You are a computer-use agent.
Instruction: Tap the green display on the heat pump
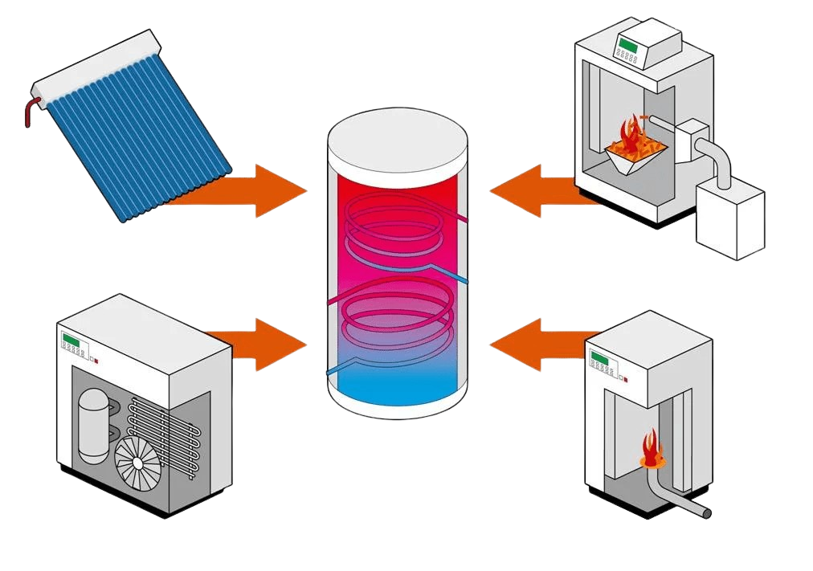[72, 342]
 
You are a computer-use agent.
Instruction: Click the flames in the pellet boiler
[631, 141]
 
